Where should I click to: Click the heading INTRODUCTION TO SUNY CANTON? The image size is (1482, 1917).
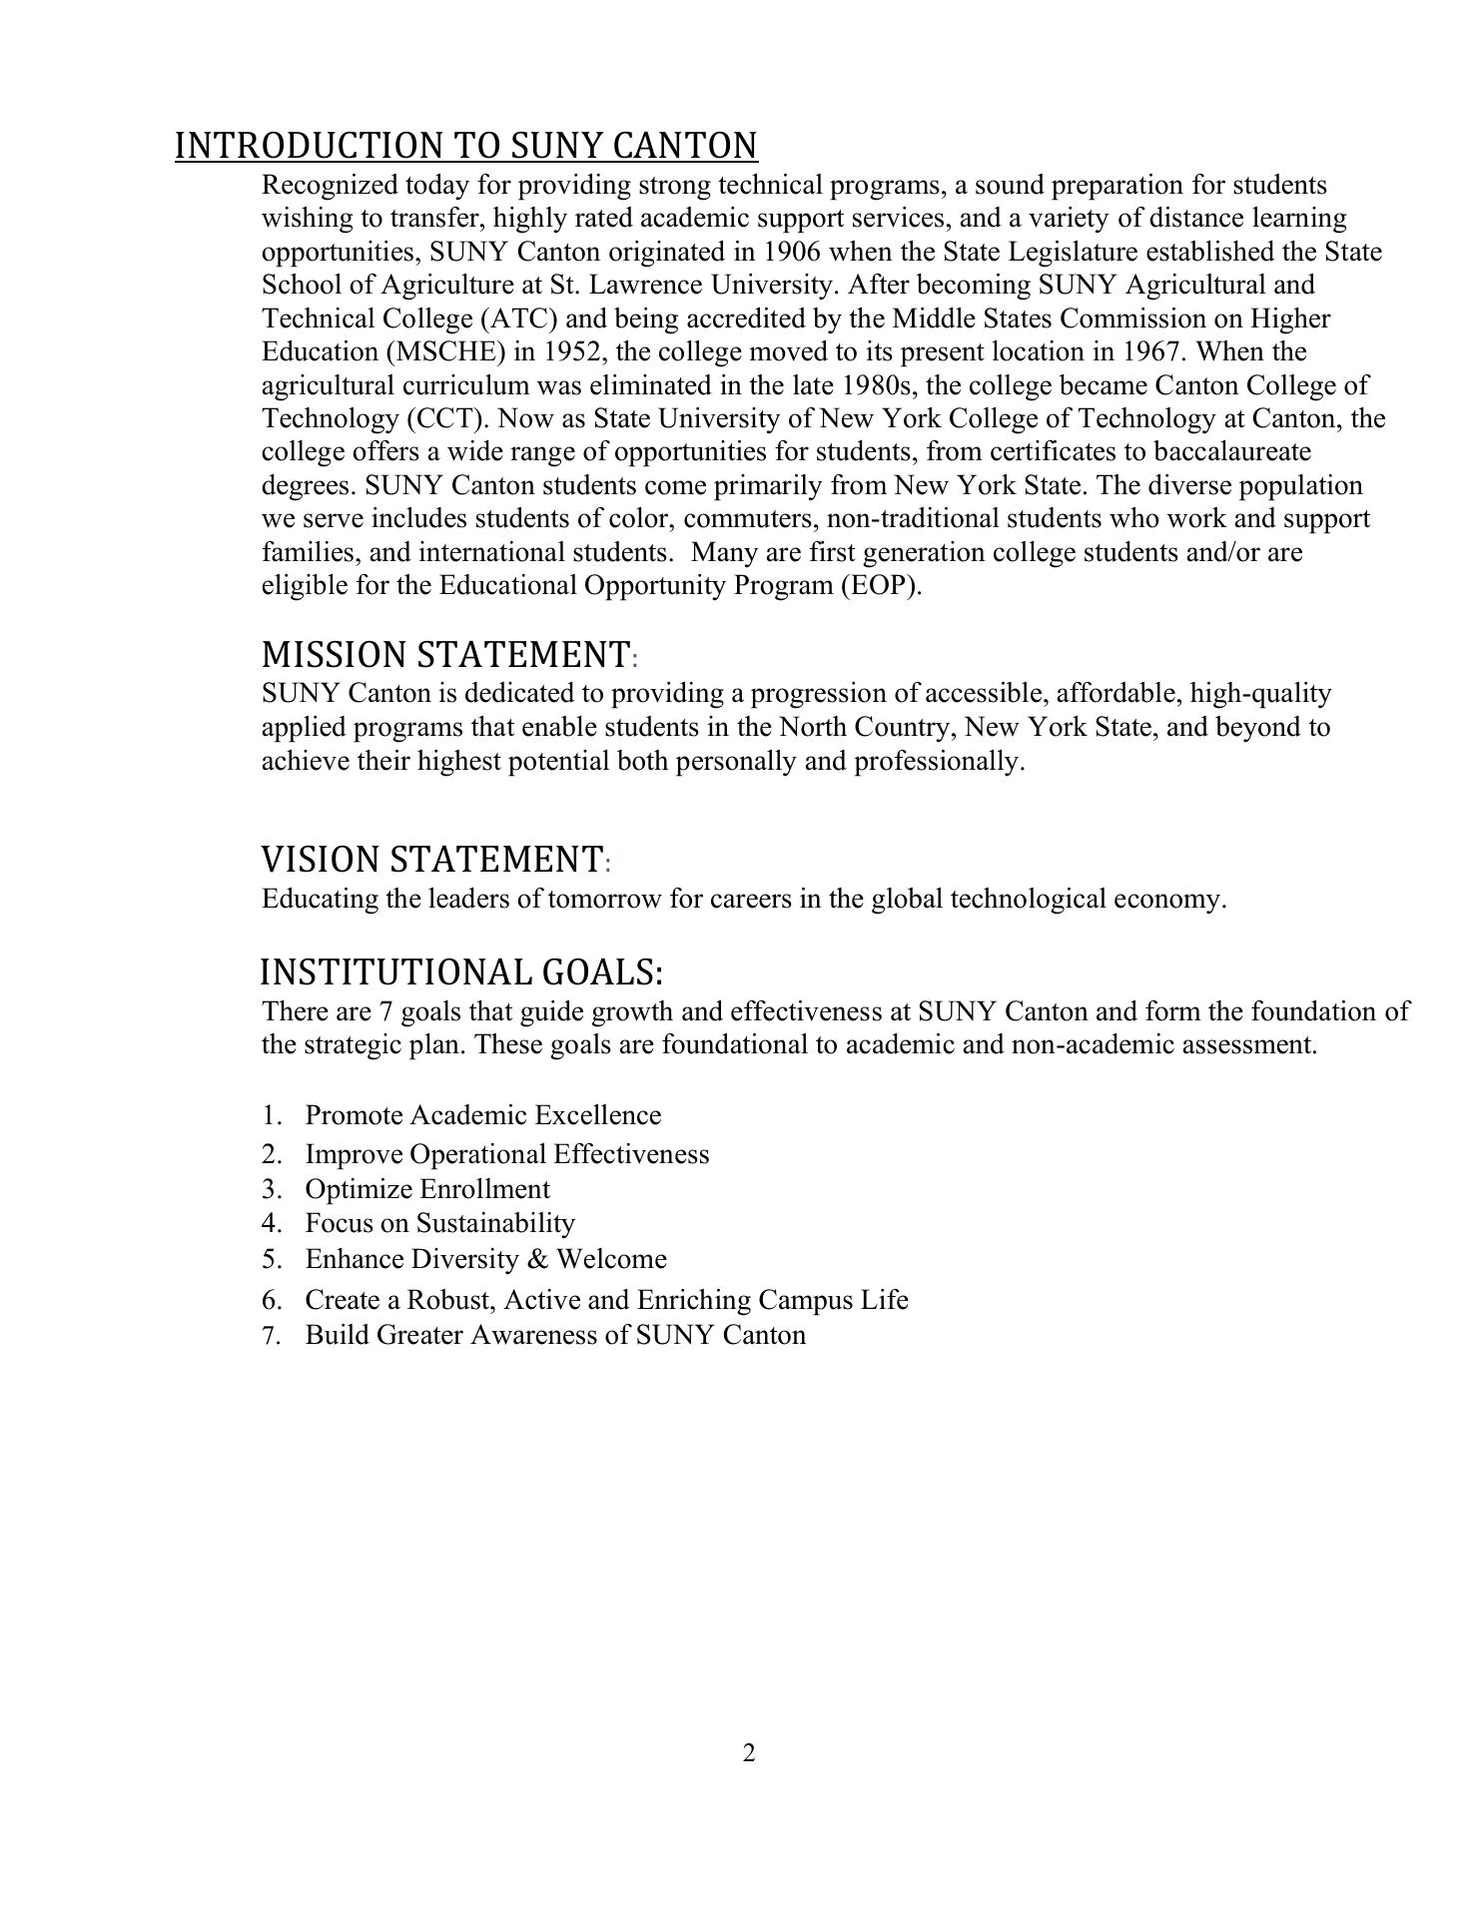pos(466,146)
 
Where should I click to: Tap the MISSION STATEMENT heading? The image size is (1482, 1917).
pos(445,655)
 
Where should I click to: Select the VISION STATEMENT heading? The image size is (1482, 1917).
pos(432,859)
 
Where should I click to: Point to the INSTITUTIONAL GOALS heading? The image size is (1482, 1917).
pos(460,971)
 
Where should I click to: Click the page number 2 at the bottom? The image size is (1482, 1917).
pos(749,1753)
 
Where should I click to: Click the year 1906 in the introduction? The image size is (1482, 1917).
pos(791,252)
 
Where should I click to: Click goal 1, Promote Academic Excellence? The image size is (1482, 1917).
pos(482,1115)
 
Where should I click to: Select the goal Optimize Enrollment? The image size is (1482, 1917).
pos(426,1189)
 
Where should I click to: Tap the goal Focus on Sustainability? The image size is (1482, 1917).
pos(439,1223)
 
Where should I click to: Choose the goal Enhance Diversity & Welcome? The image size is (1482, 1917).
pos(485,1259)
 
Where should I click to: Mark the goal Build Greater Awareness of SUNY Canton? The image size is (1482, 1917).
pos(554,1335)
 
